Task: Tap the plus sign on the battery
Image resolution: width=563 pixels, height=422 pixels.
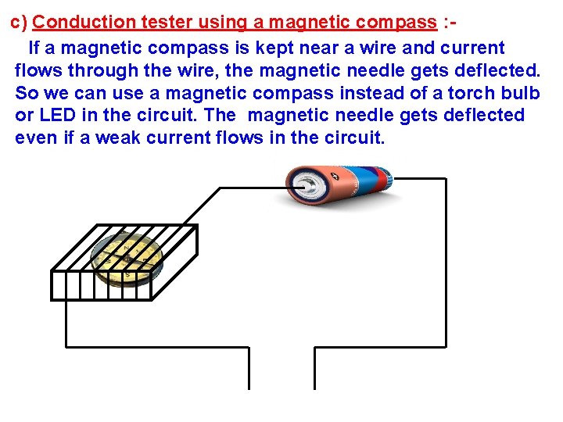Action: [x=335, y=177]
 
